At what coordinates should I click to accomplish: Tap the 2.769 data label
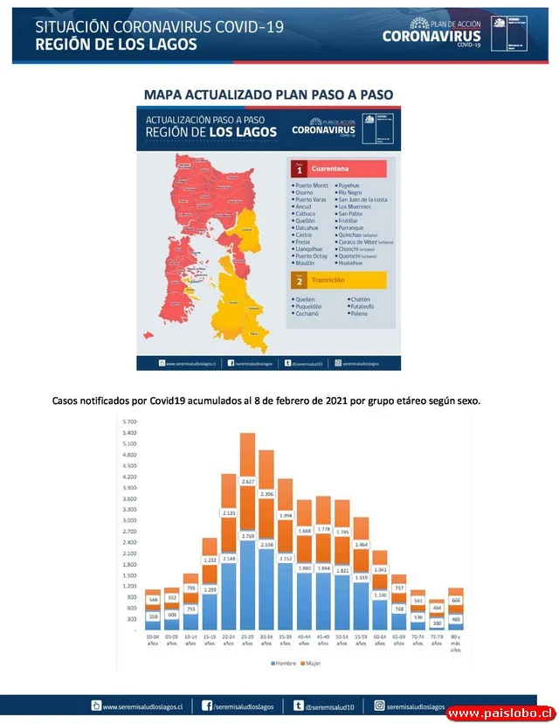click(247, 535)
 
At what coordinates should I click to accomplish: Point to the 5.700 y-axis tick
click(130, 421)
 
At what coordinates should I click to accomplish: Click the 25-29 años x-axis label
click(247, 641)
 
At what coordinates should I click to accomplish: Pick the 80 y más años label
click(456, 644)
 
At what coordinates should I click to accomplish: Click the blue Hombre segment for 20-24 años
click(229, 595)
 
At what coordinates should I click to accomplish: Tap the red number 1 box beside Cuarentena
click(299, 170)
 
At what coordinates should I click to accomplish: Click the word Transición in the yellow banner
click(328, 280)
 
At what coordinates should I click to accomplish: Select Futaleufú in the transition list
click(367, 306)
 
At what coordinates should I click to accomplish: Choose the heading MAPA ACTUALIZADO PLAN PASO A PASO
click(268, 94)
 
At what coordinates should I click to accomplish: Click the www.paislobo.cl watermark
click(500, 714)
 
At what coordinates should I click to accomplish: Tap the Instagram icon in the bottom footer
click(380, 706)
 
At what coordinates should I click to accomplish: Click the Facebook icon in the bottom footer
click(207, 706)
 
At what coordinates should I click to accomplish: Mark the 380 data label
click(437, 623)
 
